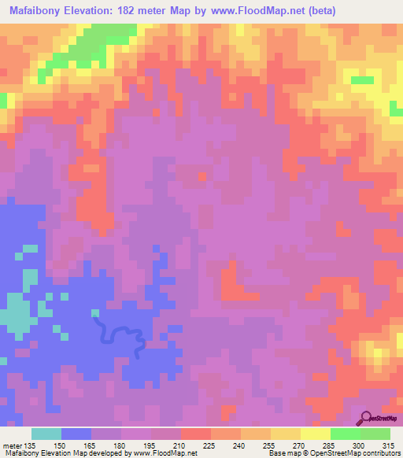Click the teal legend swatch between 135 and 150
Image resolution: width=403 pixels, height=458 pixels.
[46, 434]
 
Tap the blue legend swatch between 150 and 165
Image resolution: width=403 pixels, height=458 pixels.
[76, 434]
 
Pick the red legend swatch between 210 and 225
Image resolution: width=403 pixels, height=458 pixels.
[196, 434]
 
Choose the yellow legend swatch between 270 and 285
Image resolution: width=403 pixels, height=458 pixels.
[316, 434]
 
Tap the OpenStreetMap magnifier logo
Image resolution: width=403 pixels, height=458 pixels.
[367, 418]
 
